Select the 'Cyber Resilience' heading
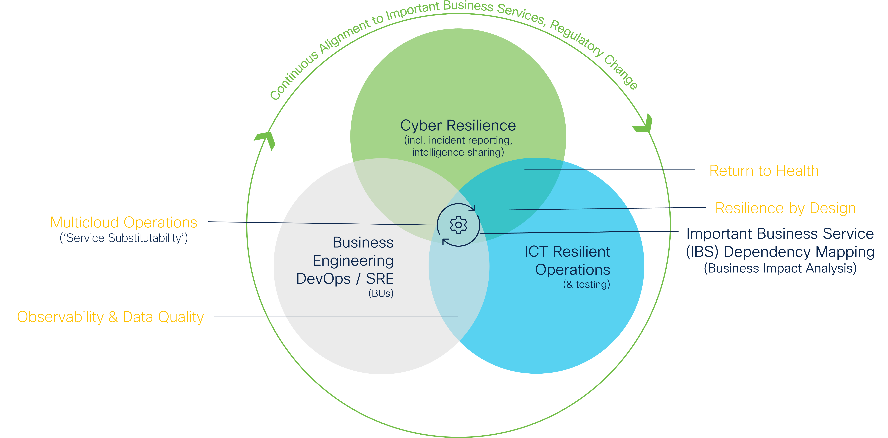[x=458, y=126]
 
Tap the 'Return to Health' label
[x=764, y=171]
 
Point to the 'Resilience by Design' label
[x=785, y=208]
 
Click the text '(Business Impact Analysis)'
[x=780, y=268]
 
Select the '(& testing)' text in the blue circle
[x=586, y=285]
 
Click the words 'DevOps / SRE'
[x=345, y=279]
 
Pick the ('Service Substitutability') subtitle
[x=124, y=238]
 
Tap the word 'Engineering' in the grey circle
[x=353, y=261]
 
